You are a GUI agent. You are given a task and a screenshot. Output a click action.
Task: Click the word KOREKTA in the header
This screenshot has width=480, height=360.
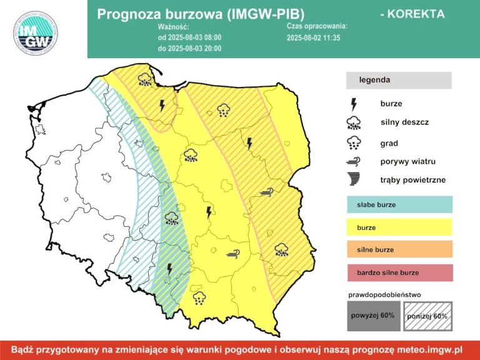tap(412, 13)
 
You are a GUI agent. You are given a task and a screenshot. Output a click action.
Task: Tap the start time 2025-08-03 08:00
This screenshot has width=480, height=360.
tap(189, 37)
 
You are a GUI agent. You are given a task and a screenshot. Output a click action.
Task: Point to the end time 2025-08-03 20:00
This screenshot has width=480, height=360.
tap(189, 47)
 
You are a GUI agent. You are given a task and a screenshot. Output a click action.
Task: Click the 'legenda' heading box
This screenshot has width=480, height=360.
tap(399, 80)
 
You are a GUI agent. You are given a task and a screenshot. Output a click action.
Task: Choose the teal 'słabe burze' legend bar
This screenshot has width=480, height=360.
tap(399, 204)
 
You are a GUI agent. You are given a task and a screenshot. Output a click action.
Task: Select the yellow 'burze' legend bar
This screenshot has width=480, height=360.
tap(399, 227)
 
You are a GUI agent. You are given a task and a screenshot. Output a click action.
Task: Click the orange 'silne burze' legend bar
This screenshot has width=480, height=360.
tap(399, 250)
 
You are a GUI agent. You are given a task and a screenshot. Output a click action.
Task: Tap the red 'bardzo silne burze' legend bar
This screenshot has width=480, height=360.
tap(399, 272)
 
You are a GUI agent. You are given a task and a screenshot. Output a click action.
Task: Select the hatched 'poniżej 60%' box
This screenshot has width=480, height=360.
tap(427, 316)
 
